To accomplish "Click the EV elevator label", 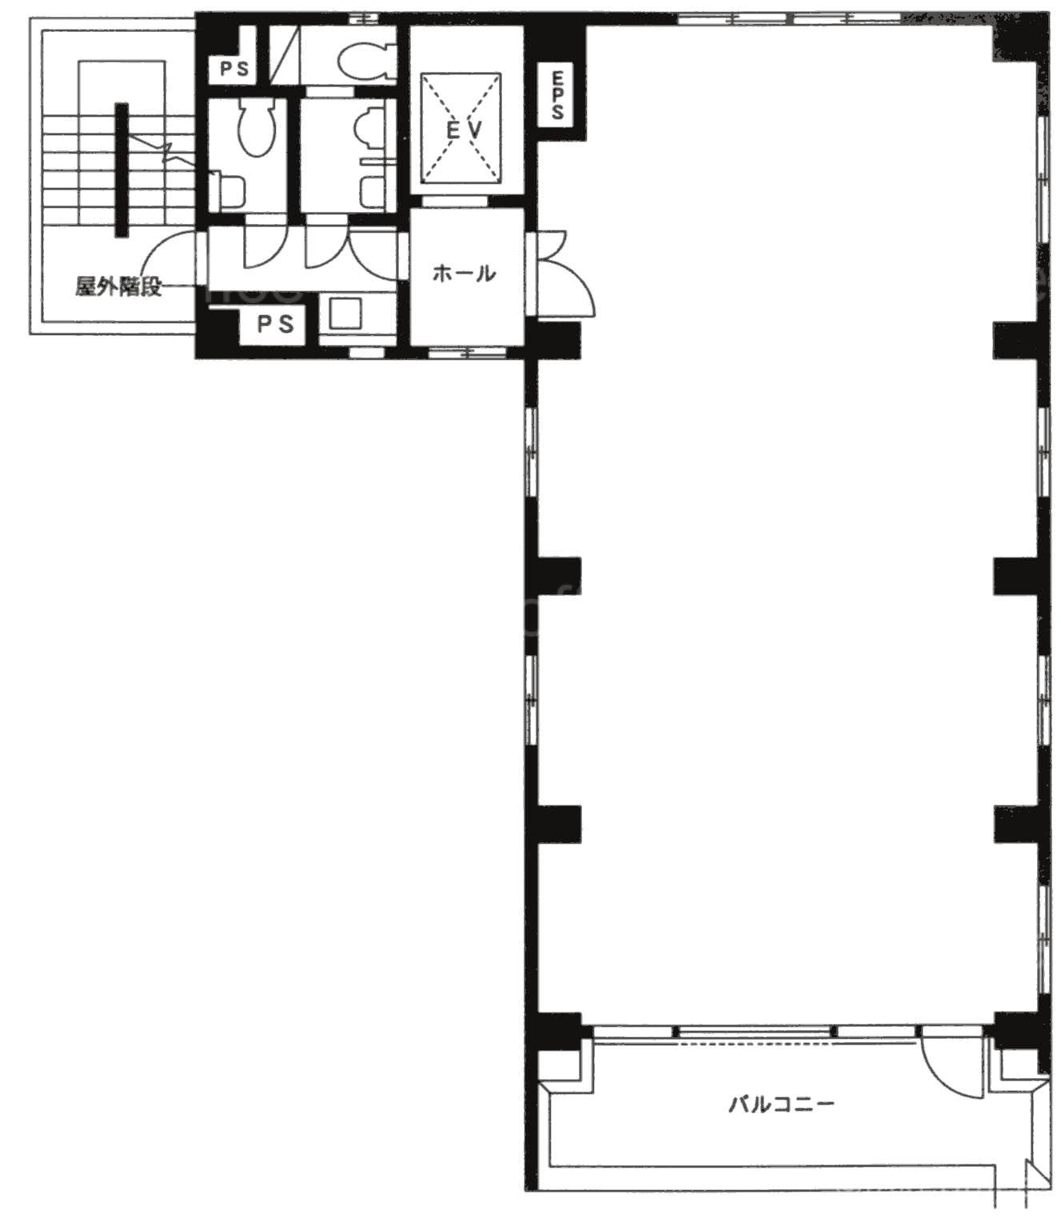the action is pos(465,130).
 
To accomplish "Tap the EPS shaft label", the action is pos(556,95).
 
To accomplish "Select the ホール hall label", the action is pos(464,274).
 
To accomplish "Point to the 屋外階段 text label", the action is pos(118,286).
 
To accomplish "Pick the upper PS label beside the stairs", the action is pos(234,70).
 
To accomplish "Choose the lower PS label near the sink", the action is pos(276,324).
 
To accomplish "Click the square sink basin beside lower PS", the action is pos(345,313).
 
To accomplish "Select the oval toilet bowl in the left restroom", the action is pos(256,127).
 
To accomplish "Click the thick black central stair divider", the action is pos(122,170).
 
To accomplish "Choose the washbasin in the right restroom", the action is pos(371,127).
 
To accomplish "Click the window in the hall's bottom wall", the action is pos(468,353).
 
